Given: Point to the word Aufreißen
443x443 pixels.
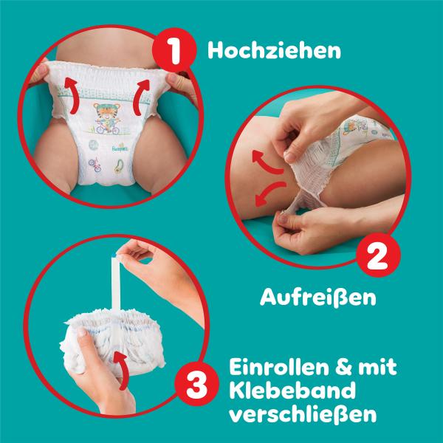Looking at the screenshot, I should point(318,298).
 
